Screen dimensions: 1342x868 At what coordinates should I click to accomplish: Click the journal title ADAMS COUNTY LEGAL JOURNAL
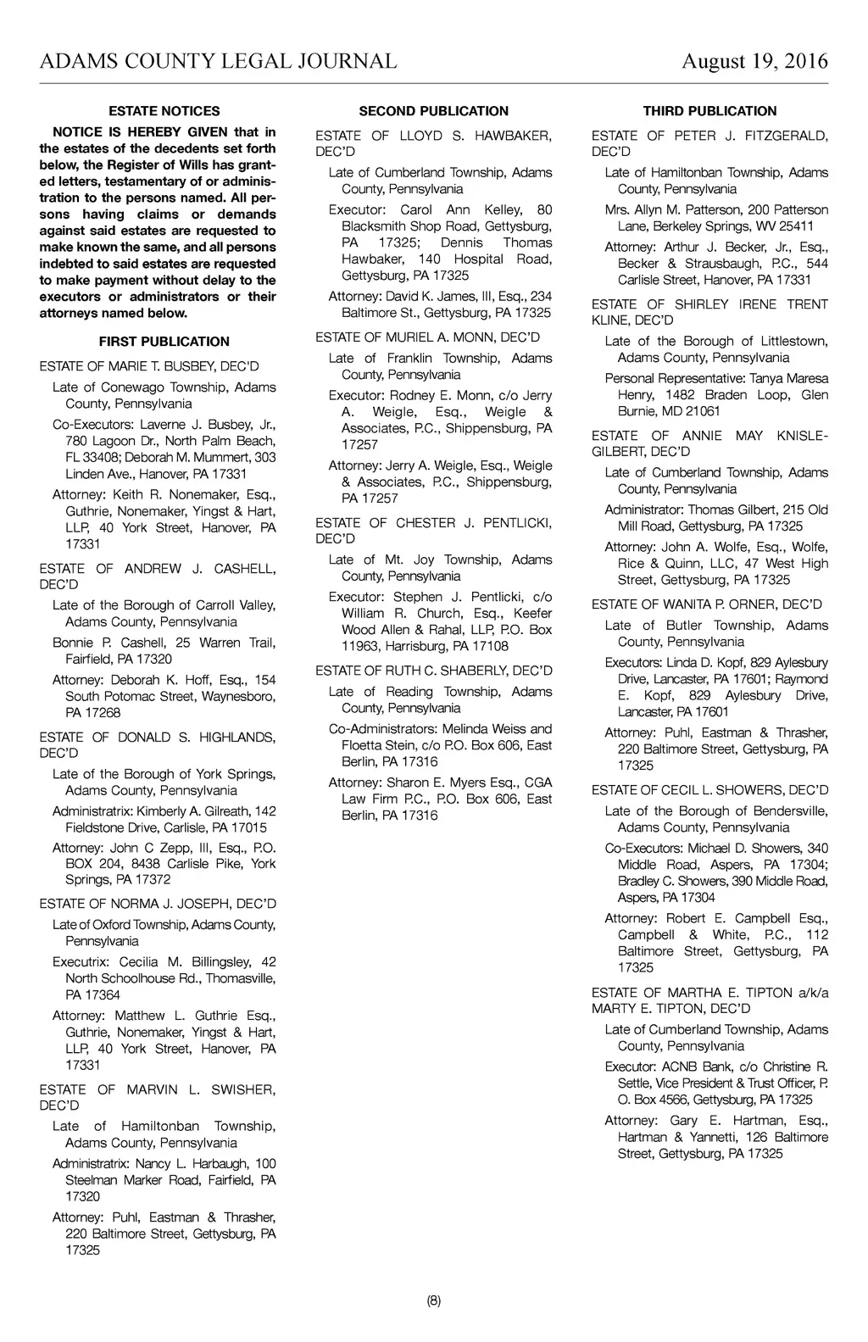tap(218, 61)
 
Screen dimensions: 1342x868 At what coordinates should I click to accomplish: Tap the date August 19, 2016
tap(754, 61)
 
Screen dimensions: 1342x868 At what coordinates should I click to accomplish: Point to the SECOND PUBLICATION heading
tap(433, 111)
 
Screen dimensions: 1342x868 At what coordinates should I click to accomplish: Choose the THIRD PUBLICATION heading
tap(709, 111)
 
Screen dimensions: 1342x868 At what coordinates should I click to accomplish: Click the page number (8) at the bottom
tap(433, 1301)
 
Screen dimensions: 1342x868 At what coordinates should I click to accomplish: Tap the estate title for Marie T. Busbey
tap(149, 366)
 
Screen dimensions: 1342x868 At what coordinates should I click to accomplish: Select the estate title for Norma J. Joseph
tap(158, 904)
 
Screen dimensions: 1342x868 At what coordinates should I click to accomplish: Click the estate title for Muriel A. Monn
tap(427, 337)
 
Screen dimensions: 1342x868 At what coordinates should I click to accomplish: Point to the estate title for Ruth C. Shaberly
tap(433, 671)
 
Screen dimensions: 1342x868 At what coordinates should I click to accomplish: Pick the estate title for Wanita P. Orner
tap(707, 604)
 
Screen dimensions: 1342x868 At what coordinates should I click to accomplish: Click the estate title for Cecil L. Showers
tap(709, 790)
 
